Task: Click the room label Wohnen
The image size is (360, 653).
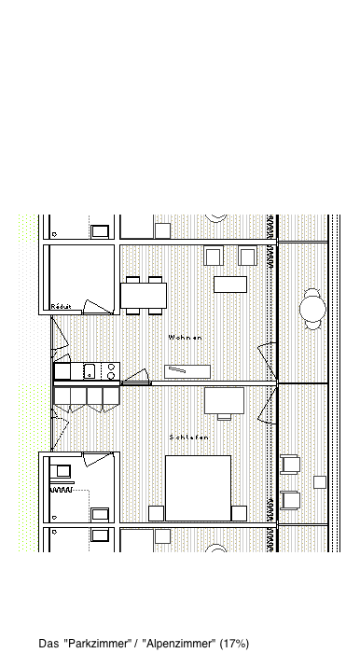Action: pos(186,338)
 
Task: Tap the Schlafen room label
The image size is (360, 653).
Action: pos(189,438)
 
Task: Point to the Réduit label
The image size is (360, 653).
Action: pos(62,307)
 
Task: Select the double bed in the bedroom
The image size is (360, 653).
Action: pos(198,488)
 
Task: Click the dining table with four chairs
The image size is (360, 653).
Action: pos(144,296)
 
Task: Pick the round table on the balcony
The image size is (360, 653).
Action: pos(312,309)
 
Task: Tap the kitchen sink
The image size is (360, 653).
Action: pos(90,370)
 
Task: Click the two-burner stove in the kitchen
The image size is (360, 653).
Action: pos(111,371)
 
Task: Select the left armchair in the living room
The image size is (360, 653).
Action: pos(214,256)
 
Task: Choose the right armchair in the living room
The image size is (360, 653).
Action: pos(248,256)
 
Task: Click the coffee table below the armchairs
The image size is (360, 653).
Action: pos(230,285)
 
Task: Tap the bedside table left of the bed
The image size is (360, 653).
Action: pos(156,513)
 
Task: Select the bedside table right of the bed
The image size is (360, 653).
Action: pos(240,513)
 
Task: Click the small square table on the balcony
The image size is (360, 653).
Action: pos(320,482)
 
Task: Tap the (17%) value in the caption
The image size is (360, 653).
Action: pos(234,644)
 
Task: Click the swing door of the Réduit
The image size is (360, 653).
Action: pos(98,307)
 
